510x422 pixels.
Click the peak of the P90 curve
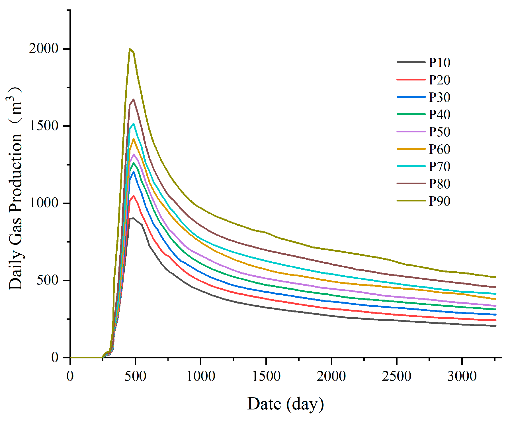pos(130,49)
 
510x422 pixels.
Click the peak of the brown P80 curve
pos(134,99)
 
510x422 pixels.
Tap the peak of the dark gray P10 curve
pos(133,218)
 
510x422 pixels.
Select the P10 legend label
pos(439,63)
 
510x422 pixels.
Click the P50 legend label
pos(439,132)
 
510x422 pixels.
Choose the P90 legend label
pos(439,201)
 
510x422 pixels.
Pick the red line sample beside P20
pos(411,80)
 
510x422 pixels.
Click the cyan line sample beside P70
pos(411,166)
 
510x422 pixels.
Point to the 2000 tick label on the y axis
pos(44,49)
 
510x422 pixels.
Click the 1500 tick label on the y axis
pos(44,126)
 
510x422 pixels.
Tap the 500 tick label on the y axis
pos(47,280)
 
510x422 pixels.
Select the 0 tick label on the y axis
pos(55,357)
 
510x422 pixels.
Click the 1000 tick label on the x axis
pos(201,376)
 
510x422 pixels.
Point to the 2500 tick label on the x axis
pos(396,376)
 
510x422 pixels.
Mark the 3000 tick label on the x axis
pos(462,376)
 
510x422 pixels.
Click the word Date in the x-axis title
pos(264,404)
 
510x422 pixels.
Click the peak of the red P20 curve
pos(133,196)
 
